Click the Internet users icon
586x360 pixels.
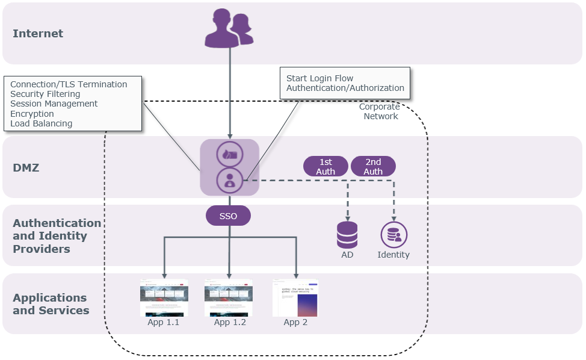(229, 28)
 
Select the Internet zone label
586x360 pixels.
(38, 34)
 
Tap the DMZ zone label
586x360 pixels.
(26, 168)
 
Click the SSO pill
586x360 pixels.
(228, 216)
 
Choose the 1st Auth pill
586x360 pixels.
(325, 166)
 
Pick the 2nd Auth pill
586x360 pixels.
(373, 166)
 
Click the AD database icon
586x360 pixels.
(347, 235)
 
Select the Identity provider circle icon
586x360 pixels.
(394, 235)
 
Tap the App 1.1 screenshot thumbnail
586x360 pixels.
(164, 298)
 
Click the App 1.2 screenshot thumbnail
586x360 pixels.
(229, 298)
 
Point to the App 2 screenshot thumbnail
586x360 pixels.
(295, 298)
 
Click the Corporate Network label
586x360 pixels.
(380, 111)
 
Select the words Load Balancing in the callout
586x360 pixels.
(41, 123)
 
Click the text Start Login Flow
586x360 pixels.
(319, 78)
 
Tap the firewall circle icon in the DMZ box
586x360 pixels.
(229, 154)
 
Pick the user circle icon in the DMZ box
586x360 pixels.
(229, 180)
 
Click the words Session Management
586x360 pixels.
(54, 104)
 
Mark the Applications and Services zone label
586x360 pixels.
(51, 304)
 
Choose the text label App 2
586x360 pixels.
(295, 323)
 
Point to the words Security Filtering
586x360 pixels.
(45, 94)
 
